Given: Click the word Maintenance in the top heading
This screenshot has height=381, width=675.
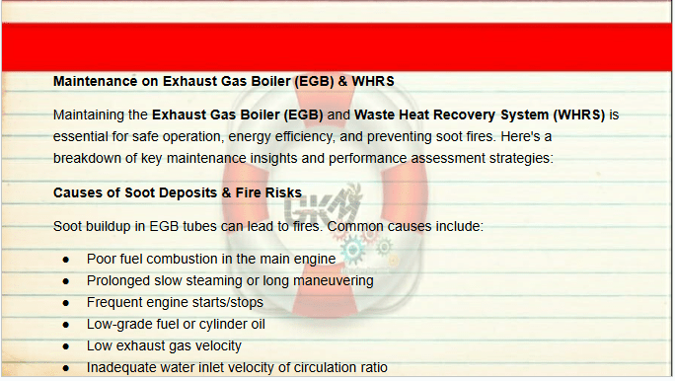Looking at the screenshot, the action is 95,81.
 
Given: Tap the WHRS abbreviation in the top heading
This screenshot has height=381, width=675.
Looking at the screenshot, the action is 373,81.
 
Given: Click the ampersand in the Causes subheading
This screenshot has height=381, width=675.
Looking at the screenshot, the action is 226,192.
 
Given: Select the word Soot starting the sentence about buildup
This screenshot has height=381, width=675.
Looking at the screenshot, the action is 67,226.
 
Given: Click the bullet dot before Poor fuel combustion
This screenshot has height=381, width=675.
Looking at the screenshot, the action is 66,260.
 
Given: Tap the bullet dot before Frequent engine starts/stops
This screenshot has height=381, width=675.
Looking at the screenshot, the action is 66,303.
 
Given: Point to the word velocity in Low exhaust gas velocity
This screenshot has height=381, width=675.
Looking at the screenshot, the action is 218,345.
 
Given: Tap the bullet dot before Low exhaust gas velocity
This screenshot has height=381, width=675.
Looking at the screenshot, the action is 66,346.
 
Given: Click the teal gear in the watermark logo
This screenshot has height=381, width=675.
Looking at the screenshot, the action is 352,250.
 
